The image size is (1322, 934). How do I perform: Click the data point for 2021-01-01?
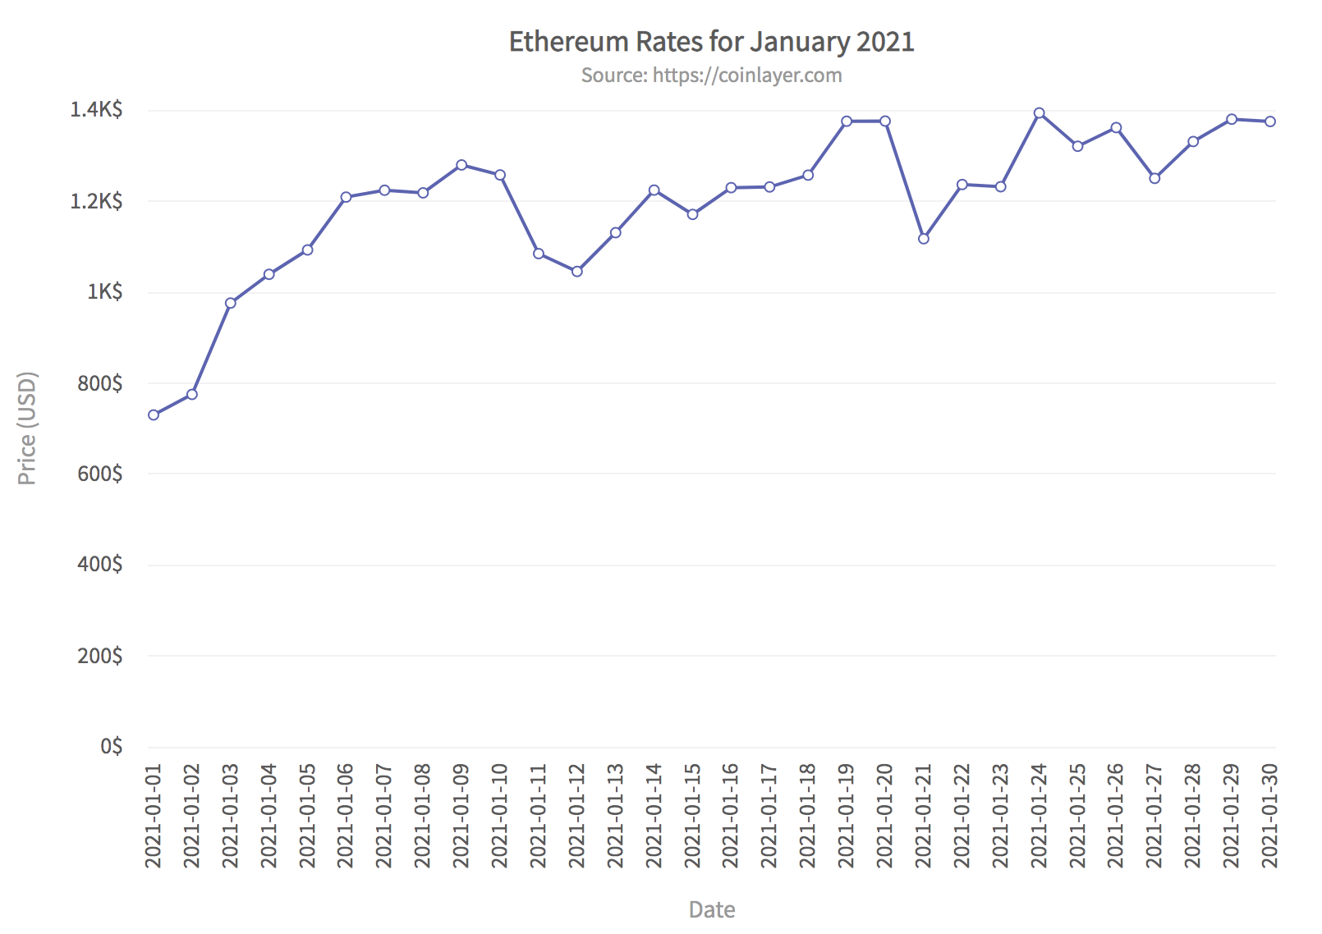click(154, 415)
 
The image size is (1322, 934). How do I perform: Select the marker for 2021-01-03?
click(231, 303)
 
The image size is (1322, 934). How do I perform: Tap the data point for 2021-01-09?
click(461, 165)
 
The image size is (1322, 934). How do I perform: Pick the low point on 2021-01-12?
click(577, 272)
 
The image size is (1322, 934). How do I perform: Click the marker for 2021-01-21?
click(924, 239)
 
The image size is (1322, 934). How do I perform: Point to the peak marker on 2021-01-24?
click(1040, 113)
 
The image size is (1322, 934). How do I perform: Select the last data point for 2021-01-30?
click(1270, 121)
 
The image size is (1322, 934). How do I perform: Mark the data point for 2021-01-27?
click(1155, 178)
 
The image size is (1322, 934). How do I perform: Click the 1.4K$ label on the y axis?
click(96, 110)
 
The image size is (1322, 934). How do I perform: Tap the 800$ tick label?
click(99, 383)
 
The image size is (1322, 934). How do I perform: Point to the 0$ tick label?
click(111, 746)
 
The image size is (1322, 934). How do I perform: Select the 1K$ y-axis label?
click(104, 292)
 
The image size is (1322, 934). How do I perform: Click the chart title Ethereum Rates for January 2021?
click(711, 42)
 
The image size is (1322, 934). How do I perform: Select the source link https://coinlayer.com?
click(746, 76)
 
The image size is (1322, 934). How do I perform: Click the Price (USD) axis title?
click(27, 428)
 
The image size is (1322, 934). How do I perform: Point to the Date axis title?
click(711, 909)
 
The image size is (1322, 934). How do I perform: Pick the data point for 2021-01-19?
click(847, 121)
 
